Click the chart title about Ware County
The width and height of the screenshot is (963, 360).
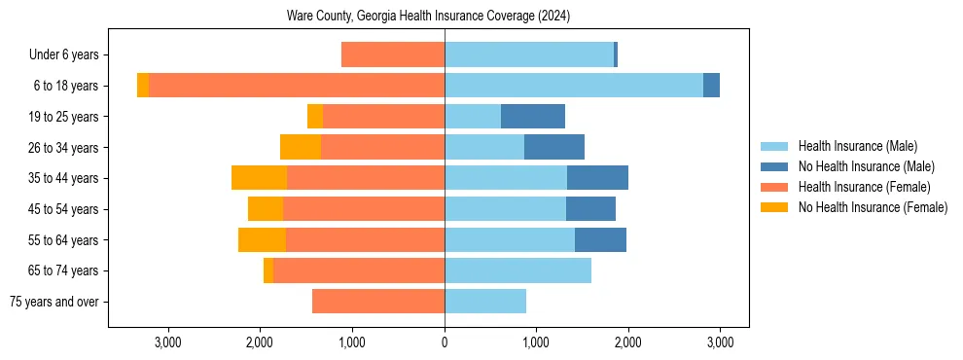[x=428, y=17]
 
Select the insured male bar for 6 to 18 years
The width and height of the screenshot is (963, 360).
[x=574, y=86]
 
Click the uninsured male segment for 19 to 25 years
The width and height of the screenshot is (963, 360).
[x=533, y=117]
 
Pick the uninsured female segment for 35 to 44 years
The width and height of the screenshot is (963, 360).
[x=260, y=178]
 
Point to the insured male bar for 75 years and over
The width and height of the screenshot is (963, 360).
[x=485, y=302]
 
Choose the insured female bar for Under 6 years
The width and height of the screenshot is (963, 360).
[x=393, y=55]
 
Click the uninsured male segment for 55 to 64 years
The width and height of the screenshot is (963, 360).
[x=600, y=240]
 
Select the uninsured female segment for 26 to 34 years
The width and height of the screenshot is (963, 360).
[x=301, y=148]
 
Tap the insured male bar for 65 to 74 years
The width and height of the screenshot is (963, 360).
[x=517, y=270]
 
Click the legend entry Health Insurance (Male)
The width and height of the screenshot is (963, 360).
[x=857, y=146]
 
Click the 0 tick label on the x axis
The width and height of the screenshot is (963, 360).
[x=445, y=342]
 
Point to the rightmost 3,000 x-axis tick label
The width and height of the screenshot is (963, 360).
[x=720, y=342]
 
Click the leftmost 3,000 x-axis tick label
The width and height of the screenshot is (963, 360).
[x=168, y=342]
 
